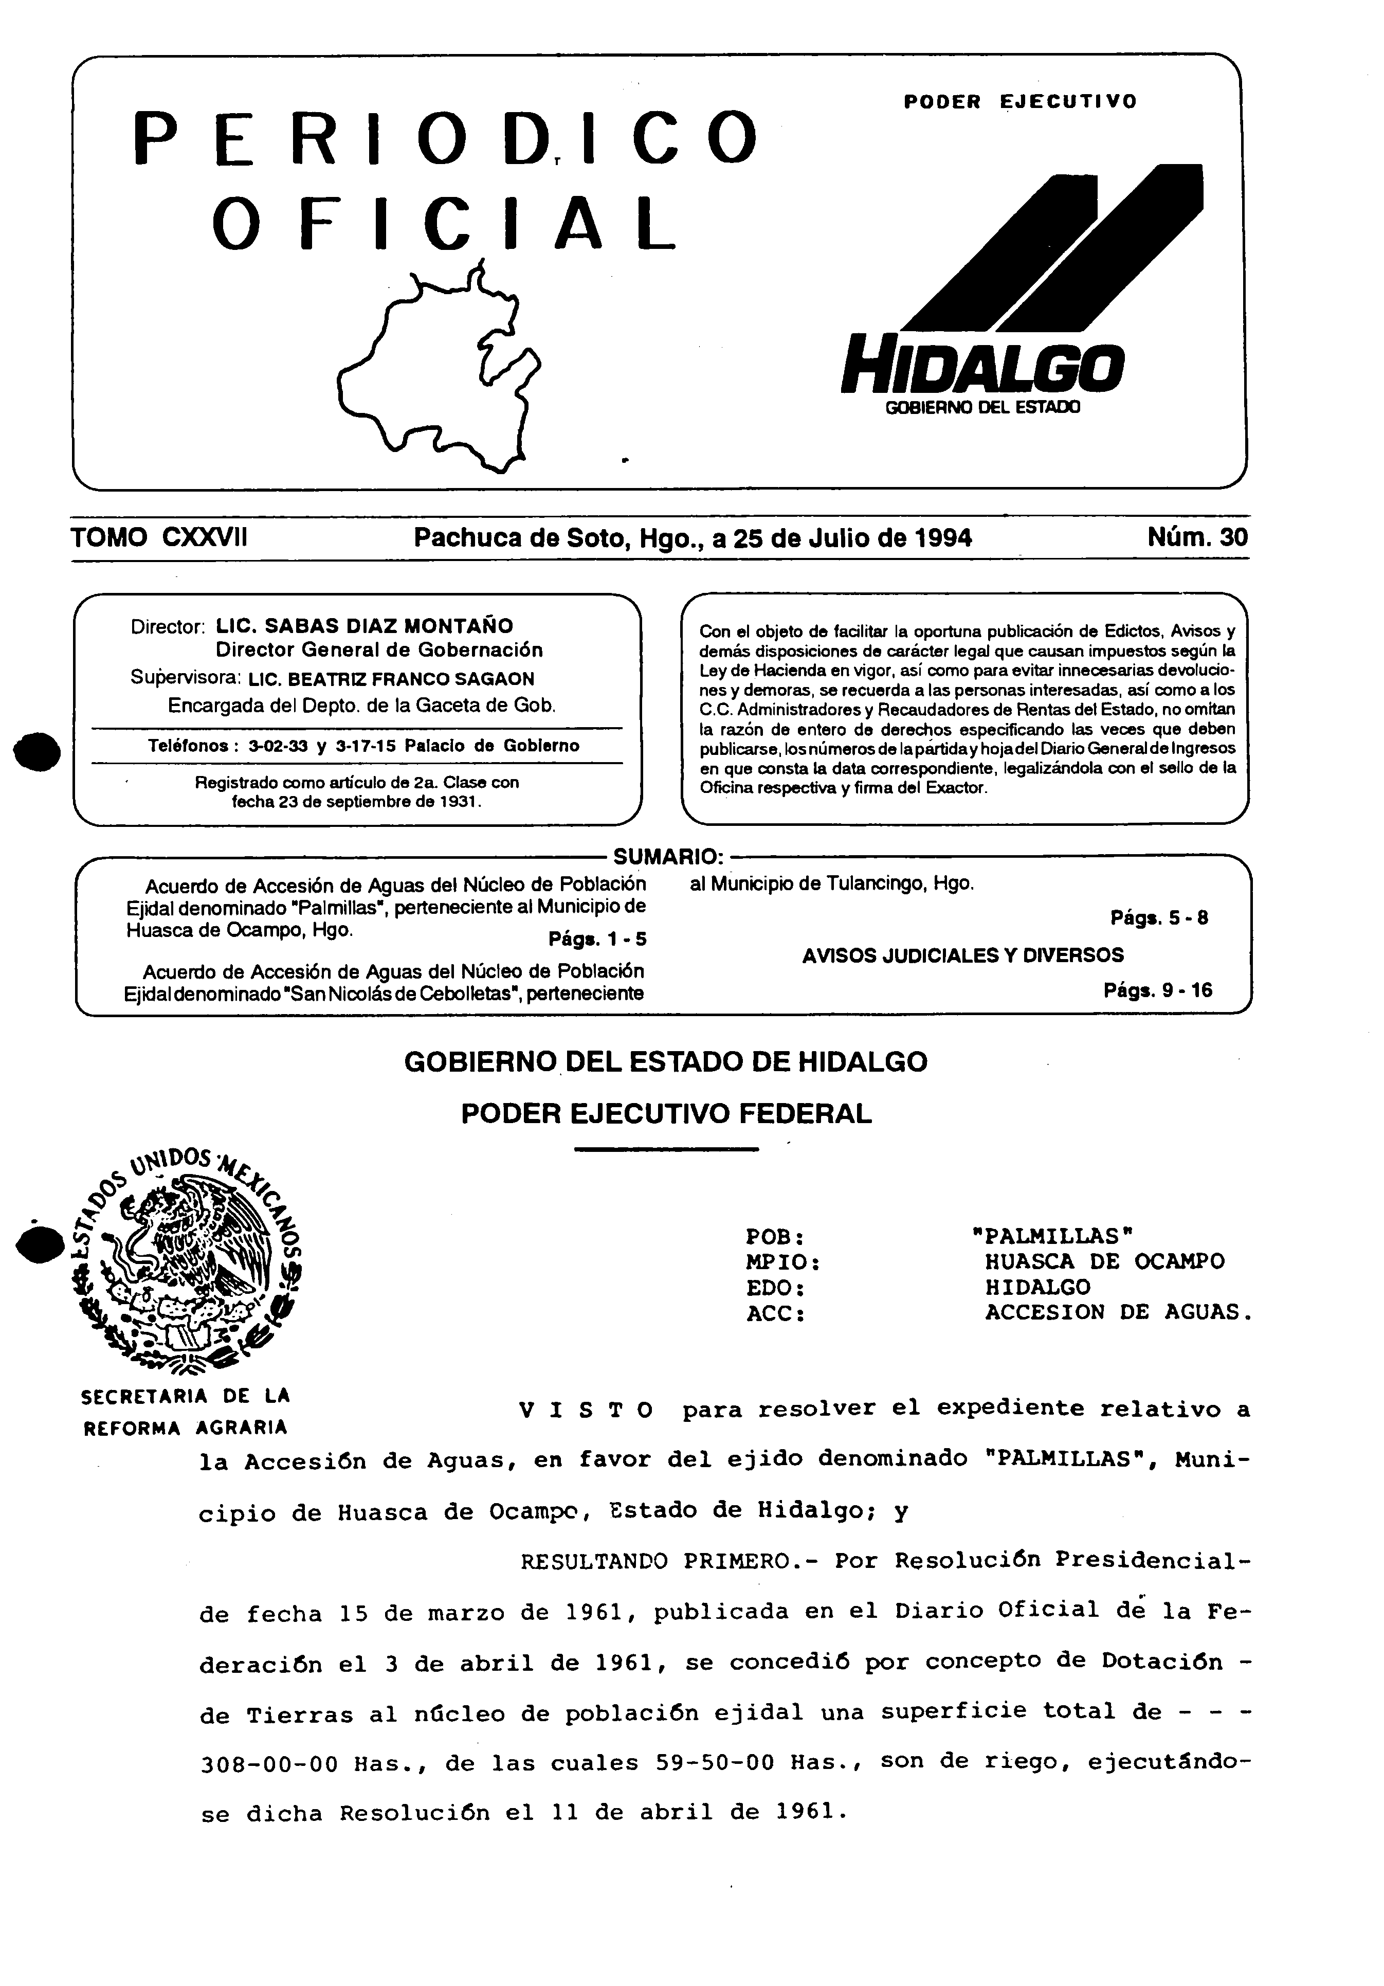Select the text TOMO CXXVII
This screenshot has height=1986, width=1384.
159,538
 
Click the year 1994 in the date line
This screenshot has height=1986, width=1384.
943,538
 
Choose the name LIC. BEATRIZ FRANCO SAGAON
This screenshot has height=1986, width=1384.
391,679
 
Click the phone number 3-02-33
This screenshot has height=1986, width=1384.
271,746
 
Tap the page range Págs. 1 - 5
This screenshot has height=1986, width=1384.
597,940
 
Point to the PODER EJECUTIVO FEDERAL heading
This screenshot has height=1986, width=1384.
666,1114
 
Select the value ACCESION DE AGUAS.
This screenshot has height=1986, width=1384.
1118,1313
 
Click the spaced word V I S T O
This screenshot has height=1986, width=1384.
586,1411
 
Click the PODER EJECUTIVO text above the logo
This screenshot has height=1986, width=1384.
1020,102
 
